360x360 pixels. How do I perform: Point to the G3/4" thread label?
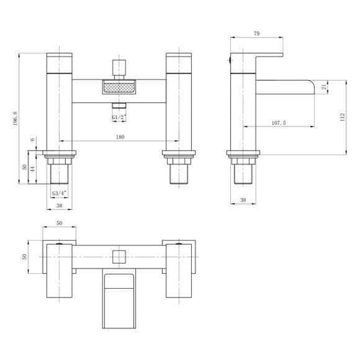[x=59, y=192]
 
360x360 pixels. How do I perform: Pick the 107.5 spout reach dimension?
[x=277, y=122]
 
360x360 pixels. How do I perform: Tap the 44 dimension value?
[x=33, y=172]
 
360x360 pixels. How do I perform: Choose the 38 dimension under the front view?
[x=59, y=206]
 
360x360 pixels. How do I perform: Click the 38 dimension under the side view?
[x=243, y=200]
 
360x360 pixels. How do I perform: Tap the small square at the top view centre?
[x=119, y=256]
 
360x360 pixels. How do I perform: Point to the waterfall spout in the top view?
[x=119, y=296]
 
